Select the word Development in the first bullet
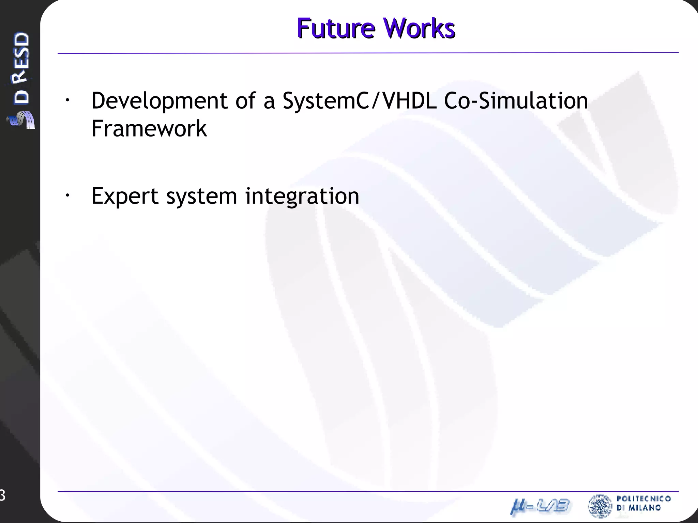pos(159,101)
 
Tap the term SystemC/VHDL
pos(360,101)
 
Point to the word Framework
pos(149,129)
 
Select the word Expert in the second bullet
pos(125,196)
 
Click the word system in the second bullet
pos(201,196)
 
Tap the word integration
pos(302,196)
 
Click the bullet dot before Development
pos(67,100)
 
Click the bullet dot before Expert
pos(67,195)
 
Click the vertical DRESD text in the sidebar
pos(21,68)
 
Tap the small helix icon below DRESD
pos(21,120)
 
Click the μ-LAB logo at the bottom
pos(540,506)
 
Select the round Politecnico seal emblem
pos(600,506)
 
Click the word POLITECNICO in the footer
pos(643,499)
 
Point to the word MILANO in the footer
pos(644,508)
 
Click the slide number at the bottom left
pos(2,495)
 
